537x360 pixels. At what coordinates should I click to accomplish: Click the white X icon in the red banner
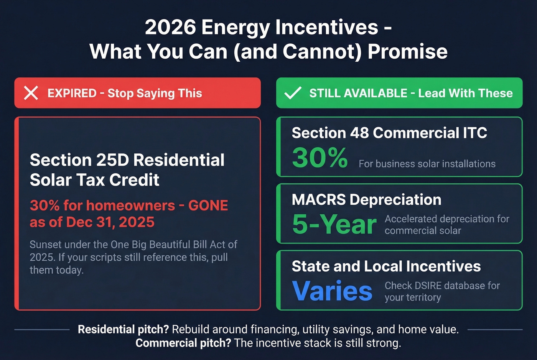[x=31, y=93]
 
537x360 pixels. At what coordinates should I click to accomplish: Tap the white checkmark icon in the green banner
[x=293, y=93]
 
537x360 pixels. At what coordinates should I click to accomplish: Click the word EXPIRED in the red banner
[x=72, y=93]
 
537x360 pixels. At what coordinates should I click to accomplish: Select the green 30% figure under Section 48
[x=320, y=158]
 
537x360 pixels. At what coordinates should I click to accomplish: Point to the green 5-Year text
[x=334, y=224]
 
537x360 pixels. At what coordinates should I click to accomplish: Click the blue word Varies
[x=332, y=291]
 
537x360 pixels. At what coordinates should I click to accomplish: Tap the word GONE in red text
[x=208, y=205]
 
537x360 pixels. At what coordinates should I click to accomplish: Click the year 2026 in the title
[x=170, y=27]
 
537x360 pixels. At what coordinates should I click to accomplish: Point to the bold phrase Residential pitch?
[x=123, y=329]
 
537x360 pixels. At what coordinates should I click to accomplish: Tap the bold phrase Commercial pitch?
[x=183, y=343]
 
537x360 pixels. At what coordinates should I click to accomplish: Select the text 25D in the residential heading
[x=112, y=160]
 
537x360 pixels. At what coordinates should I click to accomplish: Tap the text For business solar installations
[x=427, y=164]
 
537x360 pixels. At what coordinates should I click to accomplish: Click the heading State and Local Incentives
[x=386, y=266]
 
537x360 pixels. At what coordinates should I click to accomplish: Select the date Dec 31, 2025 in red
[x=110, y=222]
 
